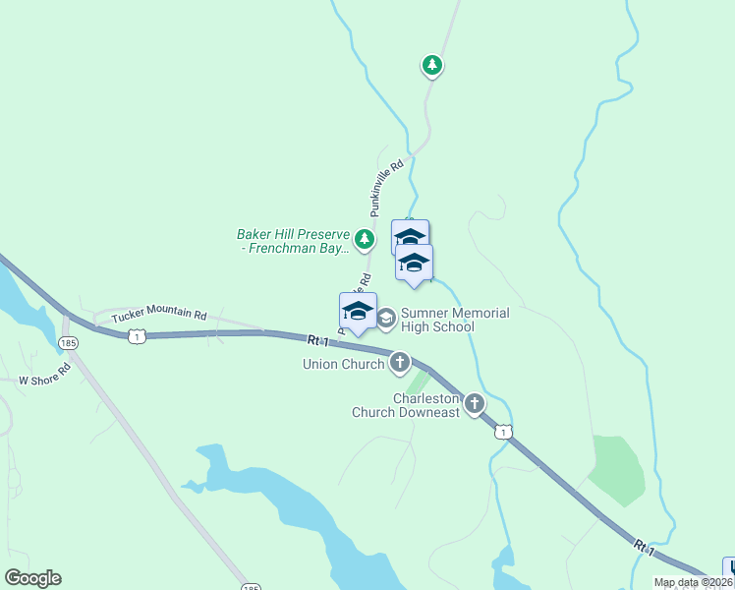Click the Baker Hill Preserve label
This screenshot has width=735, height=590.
294,242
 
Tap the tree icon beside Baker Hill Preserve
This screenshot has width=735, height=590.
366,238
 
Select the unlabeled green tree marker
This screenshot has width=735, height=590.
431,66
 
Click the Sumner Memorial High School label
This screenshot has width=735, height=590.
455,320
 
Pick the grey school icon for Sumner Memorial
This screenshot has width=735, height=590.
386,317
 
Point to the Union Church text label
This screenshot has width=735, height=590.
343,365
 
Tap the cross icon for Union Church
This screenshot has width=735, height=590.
400,363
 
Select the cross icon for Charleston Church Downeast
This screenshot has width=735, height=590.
475,403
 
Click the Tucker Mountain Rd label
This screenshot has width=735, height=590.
159,316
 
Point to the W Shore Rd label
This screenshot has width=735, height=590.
45,373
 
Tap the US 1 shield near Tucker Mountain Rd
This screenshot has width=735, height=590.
136,336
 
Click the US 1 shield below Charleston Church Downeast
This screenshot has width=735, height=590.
503,432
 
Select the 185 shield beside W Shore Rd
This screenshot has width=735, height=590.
67,342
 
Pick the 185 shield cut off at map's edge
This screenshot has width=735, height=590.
252,586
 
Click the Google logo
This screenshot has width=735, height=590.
32,578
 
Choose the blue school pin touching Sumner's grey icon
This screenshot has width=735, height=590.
358,313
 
